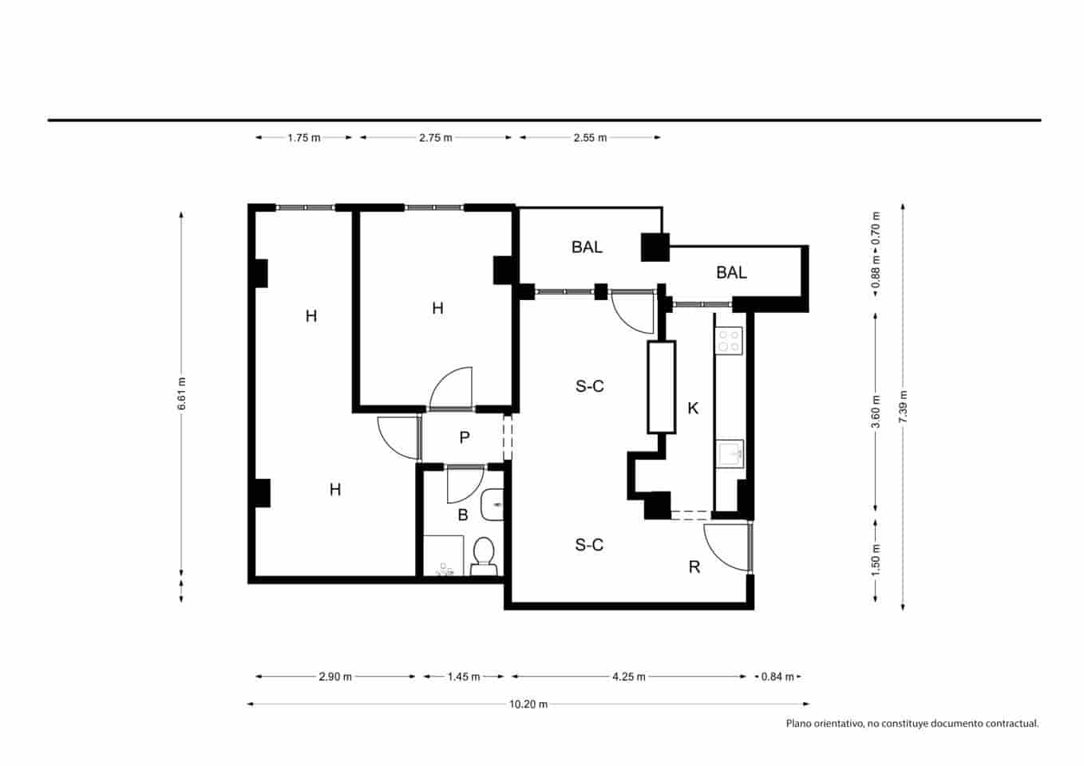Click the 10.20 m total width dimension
528,704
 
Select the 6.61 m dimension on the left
182,393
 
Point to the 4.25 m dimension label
628,677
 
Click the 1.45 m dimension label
463,677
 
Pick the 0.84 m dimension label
777,677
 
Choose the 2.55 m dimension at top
590,137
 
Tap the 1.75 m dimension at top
303,137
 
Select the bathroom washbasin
493,504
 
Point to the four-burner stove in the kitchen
728,342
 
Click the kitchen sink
730,454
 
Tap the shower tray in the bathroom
443,555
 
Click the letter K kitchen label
693,409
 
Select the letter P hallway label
464,437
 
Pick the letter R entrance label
694,567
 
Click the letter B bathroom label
462,515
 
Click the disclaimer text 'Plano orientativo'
912,724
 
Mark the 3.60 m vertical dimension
876,411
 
